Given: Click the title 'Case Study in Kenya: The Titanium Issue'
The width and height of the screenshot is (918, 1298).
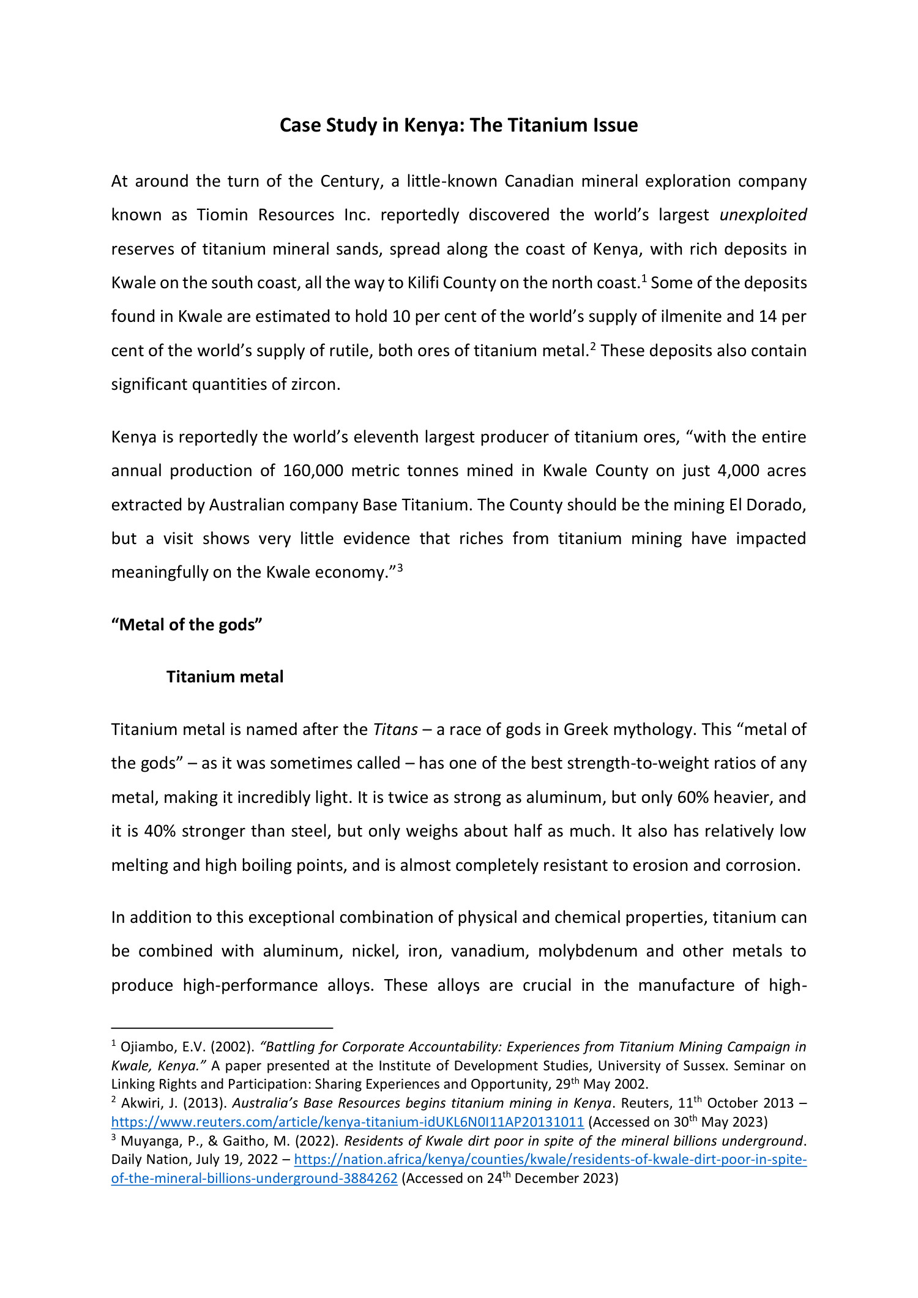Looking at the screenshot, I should pyautogui.click(x=458, y=125).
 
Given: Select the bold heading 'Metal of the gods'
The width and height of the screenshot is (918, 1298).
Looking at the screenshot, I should pyautogui.click(x=187, y=625).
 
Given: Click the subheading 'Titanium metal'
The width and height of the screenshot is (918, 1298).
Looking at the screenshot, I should pyautogui.click(x=225, y=677).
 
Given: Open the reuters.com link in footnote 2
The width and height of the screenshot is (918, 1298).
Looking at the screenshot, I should pyautogui.click(x=347, y=1122).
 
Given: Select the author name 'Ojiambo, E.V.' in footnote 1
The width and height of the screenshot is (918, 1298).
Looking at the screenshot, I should pyautogui.click(x=150, y=1047).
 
